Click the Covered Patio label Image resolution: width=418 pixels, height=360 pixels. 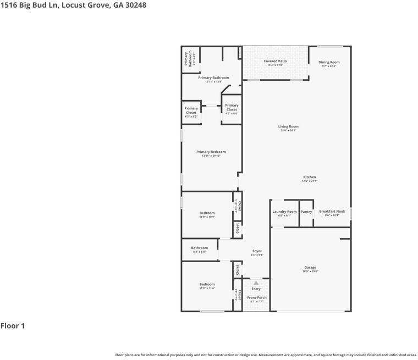tap(275, 61)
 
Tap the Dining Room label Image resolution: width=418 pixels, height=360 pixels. tap(329, 62)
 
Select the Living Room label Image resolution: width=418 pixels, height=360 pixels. tap(288, 126)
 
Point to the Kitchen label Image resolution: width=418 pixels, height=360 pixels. tap(309, 177)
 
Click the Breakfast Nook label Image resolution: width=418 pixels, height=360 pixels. tap(332, 211)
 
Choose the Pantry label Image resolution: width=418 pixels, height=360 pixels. tap(306, 212)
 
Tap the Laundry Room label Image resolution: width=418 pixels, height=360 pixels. tap(284, 212)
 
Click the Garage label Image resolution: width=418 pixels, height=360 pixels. tap(310, 268)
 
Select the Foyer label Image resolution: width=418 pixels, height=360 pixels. tap(257, 251)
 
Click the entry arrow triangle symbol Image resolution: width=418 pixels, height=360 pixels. tap(256, 283)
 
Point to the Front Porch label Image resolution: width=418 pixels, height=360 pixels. tap(257, 297)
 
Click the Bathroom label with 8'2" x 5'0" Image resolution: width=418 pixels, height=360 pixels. tap(200, 248)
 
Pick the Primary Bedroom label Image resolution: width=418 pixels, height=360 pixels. tap(211, 152)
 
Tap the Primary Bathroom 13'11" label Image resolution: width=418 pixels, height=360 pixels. tap(213, 78)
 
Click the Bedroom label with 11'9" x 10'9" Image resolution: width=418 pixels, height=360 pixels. tap(207, 213)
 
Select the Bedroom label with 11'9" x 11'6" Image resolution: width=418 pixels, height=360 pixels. tap(207, 284)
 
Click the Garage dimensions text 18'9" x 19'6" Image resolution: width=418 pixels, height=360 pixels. tap(310, 272)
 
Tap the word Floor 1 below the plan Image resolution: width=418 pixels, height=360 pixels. tap(13, 326)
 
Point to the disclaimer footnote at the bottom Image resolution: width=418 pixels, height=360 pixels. tap(266, 355)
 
